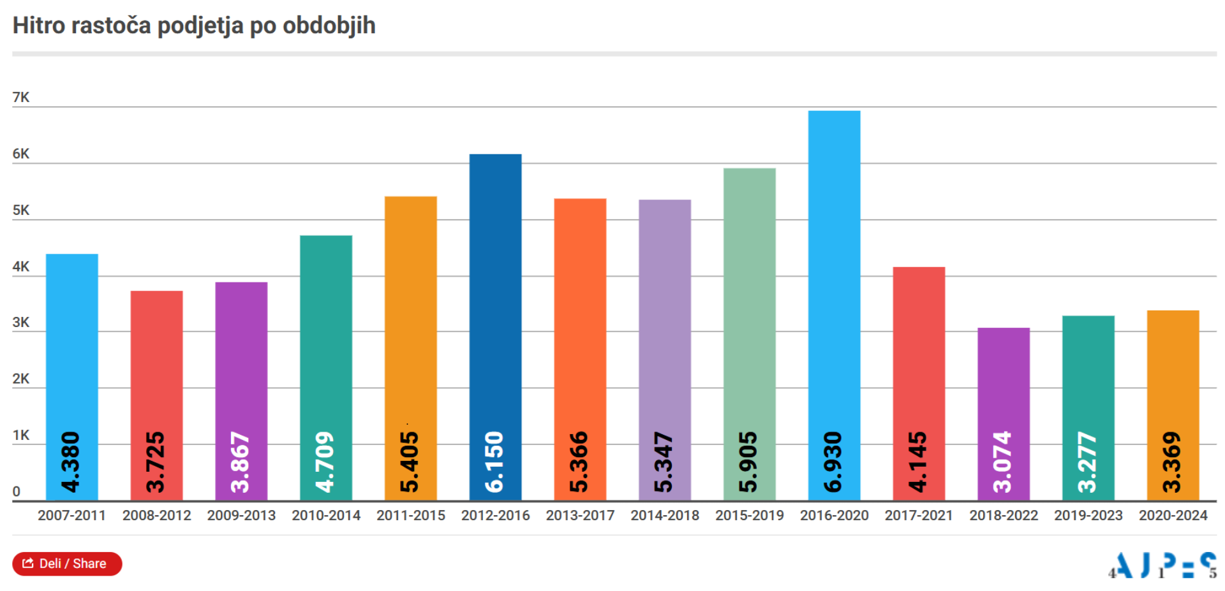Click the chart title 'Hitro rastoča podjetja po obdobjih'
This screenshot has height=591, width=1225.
(194, 26)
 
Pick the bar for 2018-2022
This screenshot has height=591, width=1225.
(1003, 383)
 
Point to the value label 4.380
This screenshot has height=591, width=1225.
(71, 462)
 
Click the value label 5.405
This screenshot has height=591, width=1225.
(410, 462)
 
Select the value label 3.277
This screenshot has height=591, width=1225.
(1088, 462)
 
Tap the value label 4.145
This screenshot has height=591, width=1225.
(919, 462)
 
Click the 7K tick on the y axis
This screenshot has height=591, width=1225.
(21, 98)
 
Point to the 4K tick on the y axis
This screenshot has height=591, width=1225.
(21, 266)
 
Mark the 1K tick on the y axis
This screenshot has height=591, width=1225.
(21, 435)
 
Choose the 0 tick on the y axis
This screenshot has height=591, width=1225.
(17, 492)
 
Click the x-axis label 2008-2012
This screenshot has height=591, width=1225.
(156, 515)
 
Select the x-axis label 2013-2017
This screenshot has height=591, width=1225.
(580, 515)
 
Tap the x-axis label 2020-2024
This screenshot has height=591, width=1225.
(1173, 515)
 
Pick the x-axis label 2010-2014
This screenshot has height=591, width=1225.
(326, 515)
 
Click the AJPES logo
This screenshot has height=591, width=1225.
(1162, 565)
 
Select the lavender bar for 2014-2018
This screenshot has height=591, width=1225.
(664, 319)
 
